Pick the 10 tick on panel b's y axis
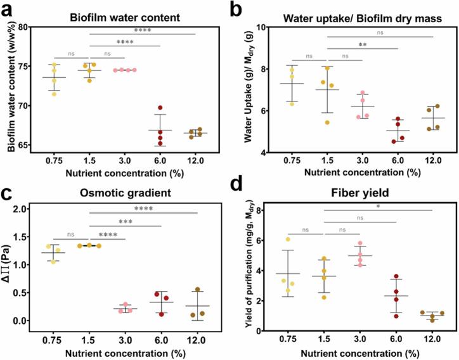264,27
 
